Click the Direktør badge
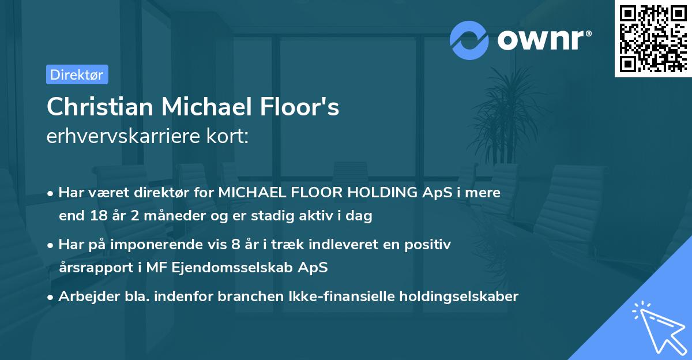point(77,74)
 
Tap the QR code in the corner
point(653,38)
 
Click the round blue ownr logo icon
point(469,40)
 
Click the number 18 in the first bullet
point(95,216)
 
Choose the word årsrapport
point(92,268)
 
